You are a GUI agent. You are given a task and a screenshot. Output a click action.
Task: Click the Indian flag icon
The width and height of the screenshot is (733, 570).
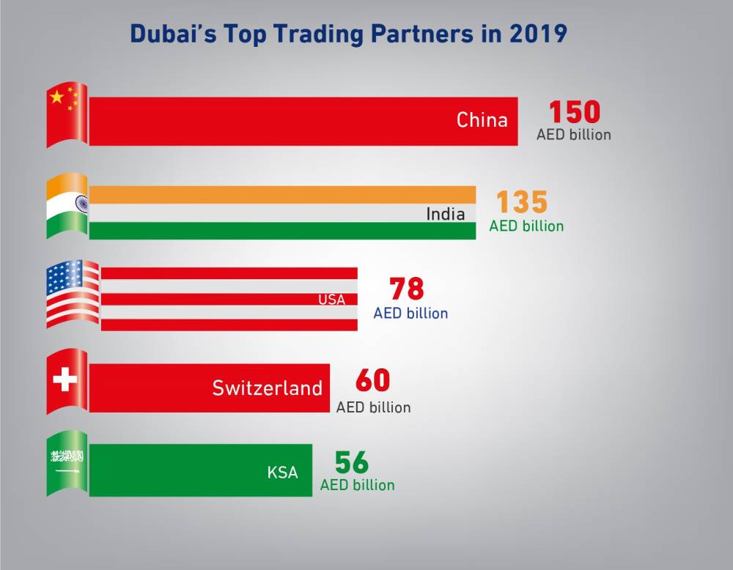pyautogui.click(x=67, y=205)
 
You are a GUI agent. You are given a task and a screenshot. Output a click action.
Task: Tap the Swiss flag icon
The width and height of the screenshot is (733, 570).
pyautogui.click(x=67, y=381)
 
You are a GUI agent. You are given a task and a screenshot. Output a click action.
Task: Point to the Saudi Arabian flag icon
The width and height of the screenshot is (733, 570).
pyautogui.click(x=67, y=463)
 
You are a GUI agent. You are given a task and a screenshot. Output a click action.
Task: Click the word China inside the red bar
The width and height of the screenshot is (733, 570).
pyautogui.click(x=482, y=120)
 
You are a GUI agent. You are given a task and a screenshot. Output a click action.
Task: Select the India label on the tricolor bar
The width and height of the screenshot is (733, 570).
pyautogui.click(x=446, y=214)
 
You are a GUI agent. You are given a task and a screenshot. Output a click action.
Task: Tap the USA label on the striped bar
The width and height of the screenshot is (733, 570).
pyautogui.click(x=331, y=300)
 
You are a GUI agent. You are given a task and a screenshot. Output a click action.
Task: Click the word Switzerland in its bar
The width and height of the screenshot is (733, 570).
pyautogui.click(x=267, y=388)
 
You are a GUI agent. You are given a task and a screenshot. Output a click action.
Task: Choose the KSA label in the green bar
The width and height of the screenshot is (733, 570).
pyautogui.click(x=283, y=473)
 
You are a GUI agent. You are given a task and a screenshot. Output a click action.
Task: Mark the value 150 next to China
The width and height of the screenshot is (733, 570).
pyautogui.click(x=575, y=112)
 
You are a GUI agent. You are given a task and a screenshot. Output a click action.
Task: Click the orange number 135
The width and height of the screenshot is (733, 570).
pyautogui.click(x=522, y=203)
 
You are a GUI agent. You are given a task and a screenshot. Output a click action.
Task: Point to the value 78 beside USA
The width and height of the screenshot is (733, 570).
pyautogui.click(x=407, y=289)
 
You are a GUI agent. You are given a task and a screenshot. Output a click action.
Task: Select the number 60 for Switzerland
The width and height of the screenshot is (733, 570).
pyautogui.click(x=372, y=381)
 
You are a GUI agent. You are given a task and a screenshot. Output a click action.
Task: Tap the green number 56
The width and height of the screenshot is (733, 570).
pyautogui.click(x=352, y=463)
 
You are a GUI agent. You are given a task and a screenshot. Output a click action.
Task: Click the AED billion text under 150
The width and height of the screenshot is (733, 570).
pyautogui.click(x=573, y=135)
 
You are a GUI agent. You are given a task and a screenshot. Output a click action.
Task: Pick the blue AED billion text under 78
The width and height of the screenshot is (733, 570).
pyautogui.click(x=410, y=313)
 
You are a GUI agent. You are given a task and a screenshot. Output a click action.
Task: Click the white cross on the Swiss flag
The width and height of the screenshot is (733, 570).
pyautogui.click(x=65, y=381)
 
